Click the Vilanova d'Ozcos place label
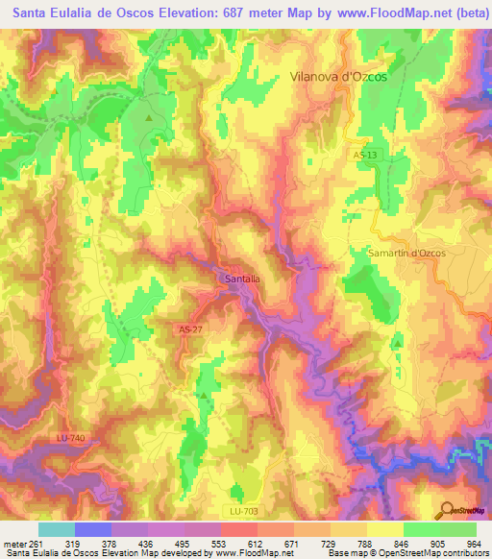[338, 77]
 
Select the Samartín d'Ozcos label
[394, 252]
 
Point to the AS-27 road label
[190, 328]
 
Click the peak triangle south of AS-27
[203, 395]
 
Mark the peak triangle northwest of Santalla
[149, 117]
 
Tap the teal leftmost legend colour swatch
[57, 528]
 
